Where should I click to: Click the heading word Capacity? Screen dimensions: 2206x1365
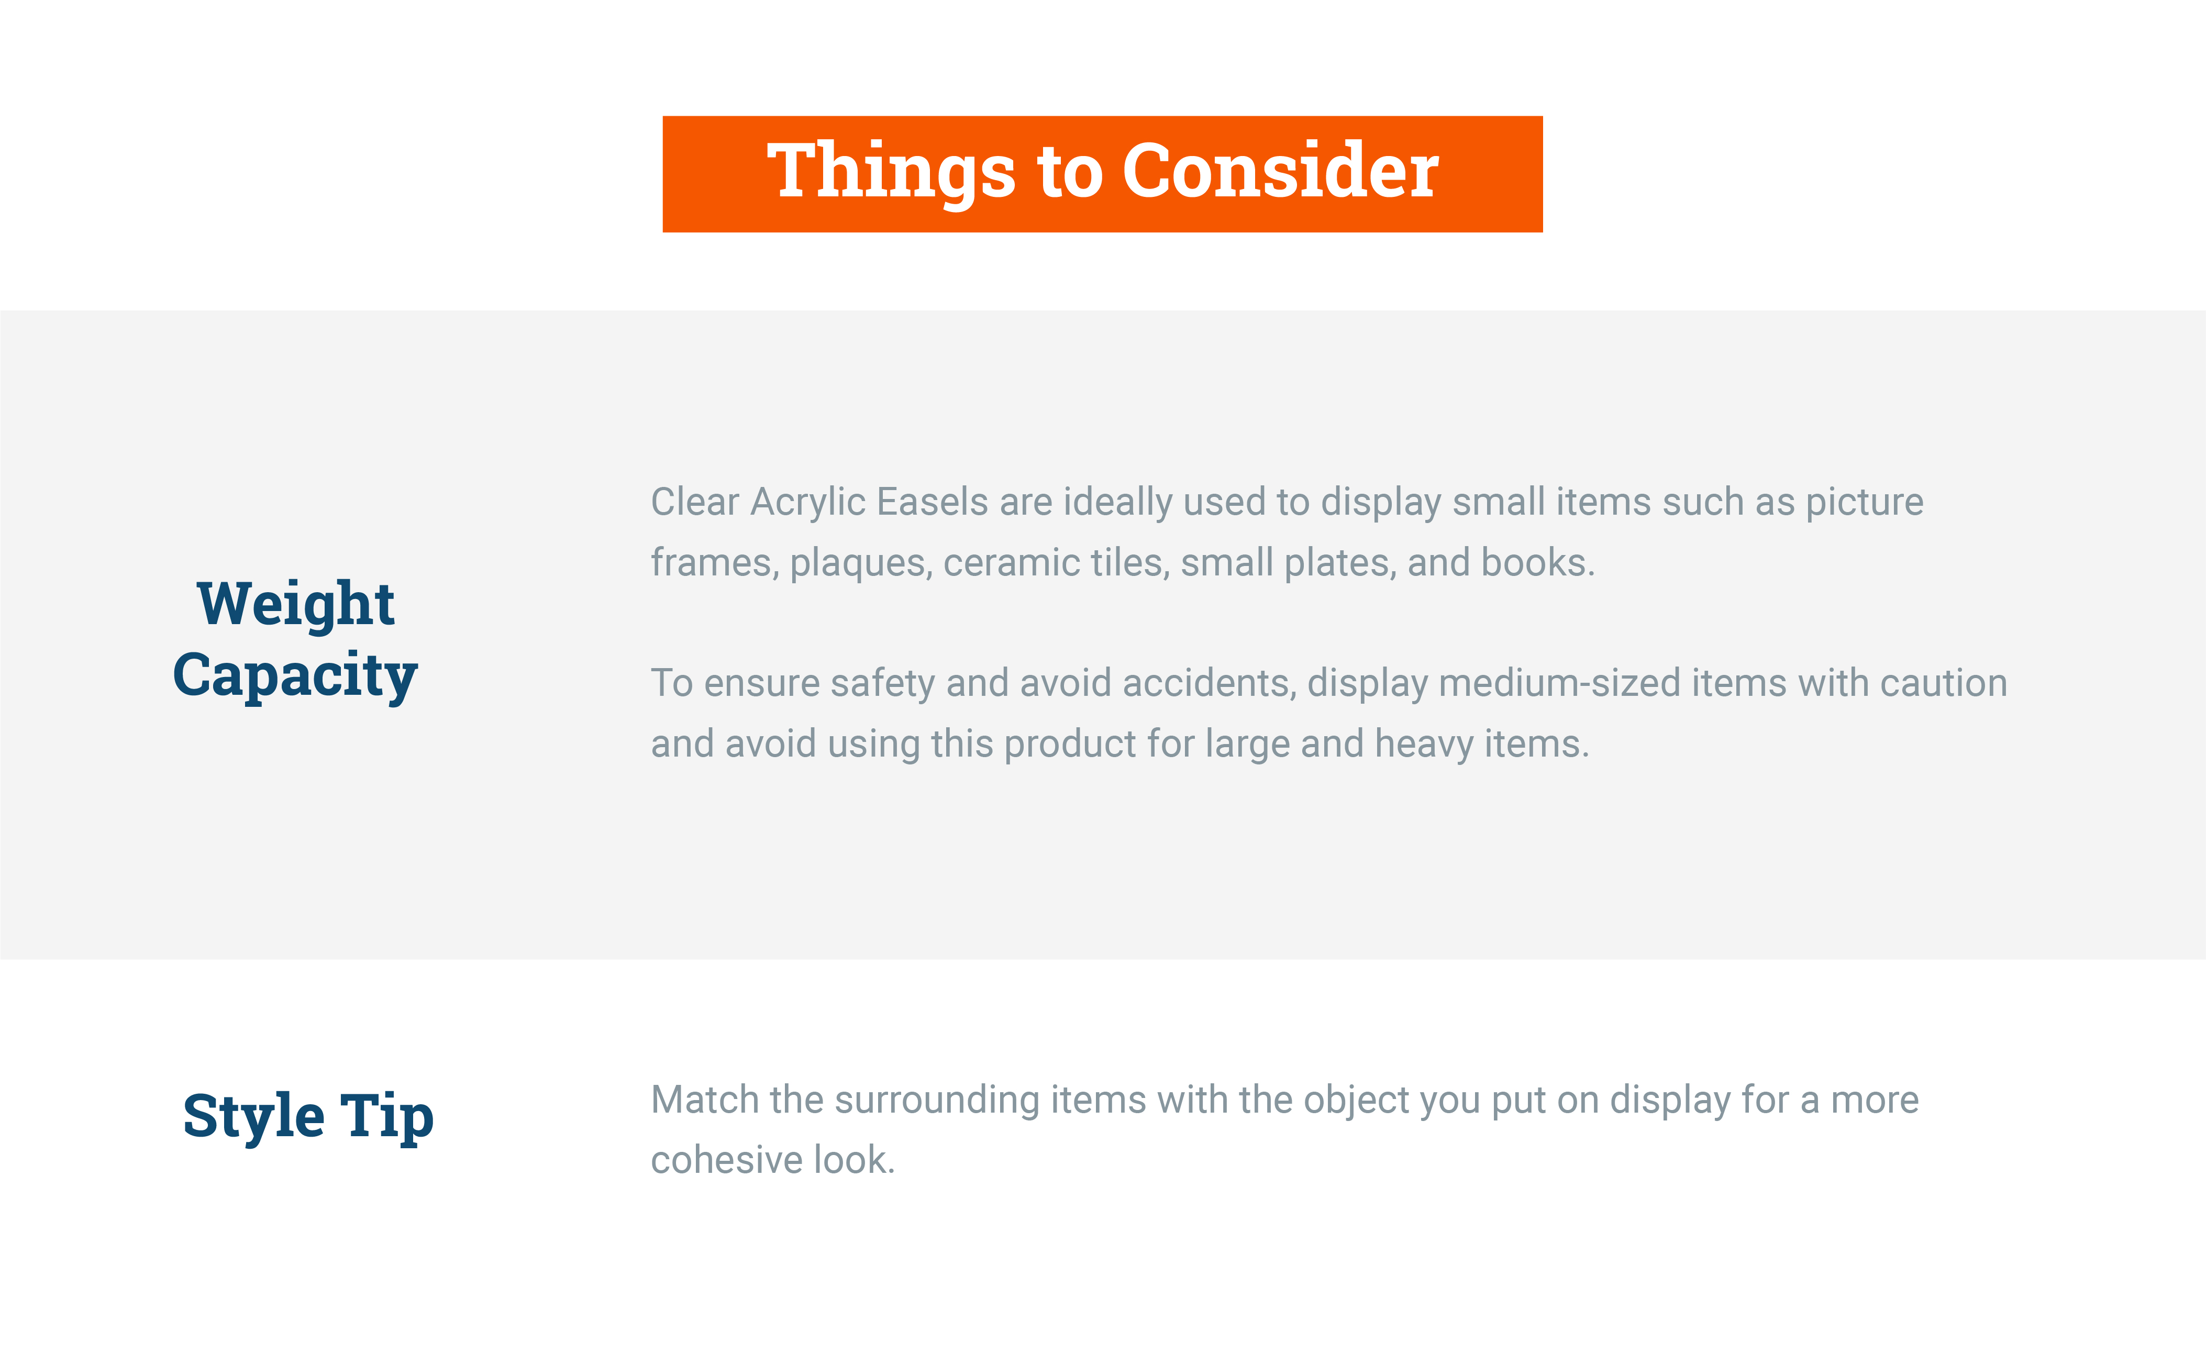coord(295,676)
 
